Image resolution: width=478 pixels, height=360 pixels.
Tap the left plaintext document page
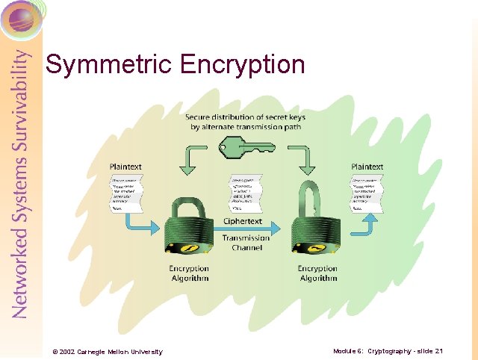(x=128, y=193)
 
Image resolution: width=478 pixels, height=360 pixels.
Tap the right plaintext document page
(x=367, y=193)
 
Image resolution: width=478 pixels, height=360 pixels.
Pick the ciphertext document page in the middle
(x=248, y=193)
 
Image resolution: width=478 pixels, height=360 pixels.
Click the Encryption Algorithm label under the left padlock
(x=189, y=273)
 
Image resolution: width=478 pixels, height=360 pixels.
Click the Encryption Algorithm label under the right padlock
(x=317, y=273)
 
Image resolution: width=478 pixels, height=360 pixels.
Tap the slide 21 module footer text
(x=388, y=351)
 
